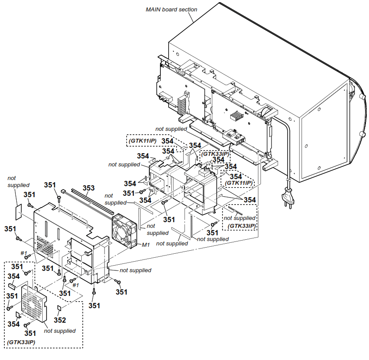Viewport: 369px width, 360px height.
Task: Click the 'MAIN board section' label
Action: click(171, 9)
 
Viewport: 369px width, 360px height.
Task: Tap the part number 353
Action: click(89, 188)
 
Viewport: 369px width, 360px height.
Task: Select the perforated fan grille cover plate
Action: click(31, 307)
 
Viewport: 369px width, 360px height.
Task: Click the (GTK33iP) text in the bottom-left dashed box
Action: click(22, 342)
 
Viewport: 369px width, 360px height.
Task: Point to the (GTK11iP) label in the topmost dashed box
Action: click(142, 141)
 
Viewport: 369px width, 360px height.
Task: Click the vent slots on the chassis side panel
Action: click(44, 245)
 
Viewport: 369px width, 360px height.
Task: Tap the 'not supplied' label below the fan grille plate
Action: click(60, 331)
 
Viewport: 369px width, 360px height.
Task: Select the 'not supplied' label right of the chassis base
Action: click(135, 270)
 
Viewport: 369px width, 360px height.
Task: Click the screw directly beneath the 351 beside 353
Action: click(58, 200)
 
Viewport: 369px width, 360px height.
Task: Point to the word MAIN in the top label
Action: click(154, 9)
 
